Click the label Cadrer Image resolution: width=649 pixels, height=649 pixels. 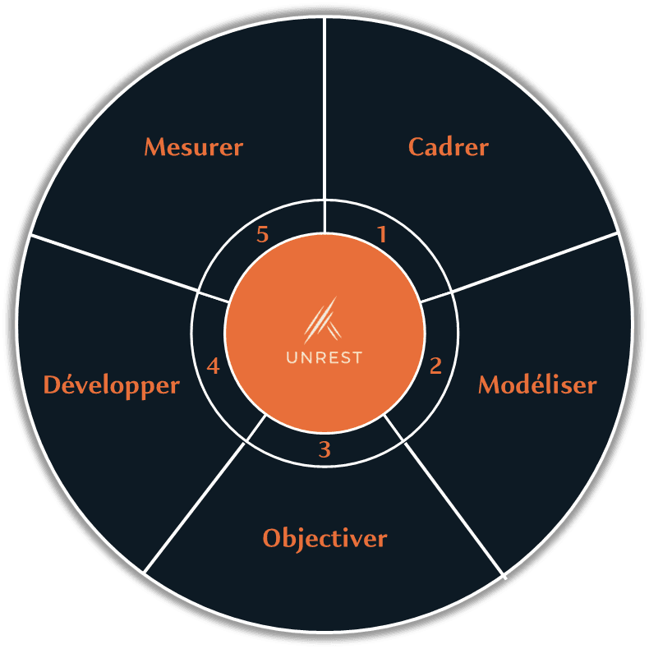448,147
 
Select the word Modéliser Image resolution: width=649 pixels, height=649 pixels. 537,384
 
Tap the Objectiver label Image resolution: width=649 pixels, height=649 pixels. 324,539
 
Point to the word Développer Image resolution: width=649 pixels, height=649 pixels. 111,384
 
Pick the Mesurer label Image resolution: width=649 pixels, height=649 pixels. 194,147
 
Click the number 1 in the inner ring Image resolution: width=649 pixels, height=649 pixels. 381,235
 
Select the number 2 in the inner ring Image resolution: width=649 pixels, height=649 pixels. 435,366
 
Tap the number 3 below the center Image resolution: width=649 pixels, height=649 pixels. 324,450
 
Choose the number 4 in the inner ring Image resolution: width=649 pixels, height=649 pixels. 214,366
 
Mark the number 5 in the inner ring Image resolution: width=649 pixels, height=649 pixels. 263,235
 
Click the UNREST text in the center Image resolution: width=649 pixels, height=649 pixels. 324,358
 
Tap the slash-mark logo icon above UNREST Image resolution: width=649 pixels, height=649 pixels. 323,320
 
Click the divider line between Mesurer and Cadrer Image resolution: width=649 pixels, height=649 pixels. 324,107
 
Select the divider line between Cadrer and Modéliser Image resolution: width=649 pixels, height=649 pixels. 534,262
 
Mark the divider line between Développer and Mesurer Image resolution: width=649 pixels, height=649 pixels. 115,263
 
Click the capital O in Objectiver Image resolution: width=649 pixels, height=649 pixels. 272,539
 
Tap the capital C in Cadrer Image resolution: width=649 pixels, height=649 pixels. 417,147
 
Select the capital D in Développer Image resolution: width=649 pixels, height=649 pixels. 52,384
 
